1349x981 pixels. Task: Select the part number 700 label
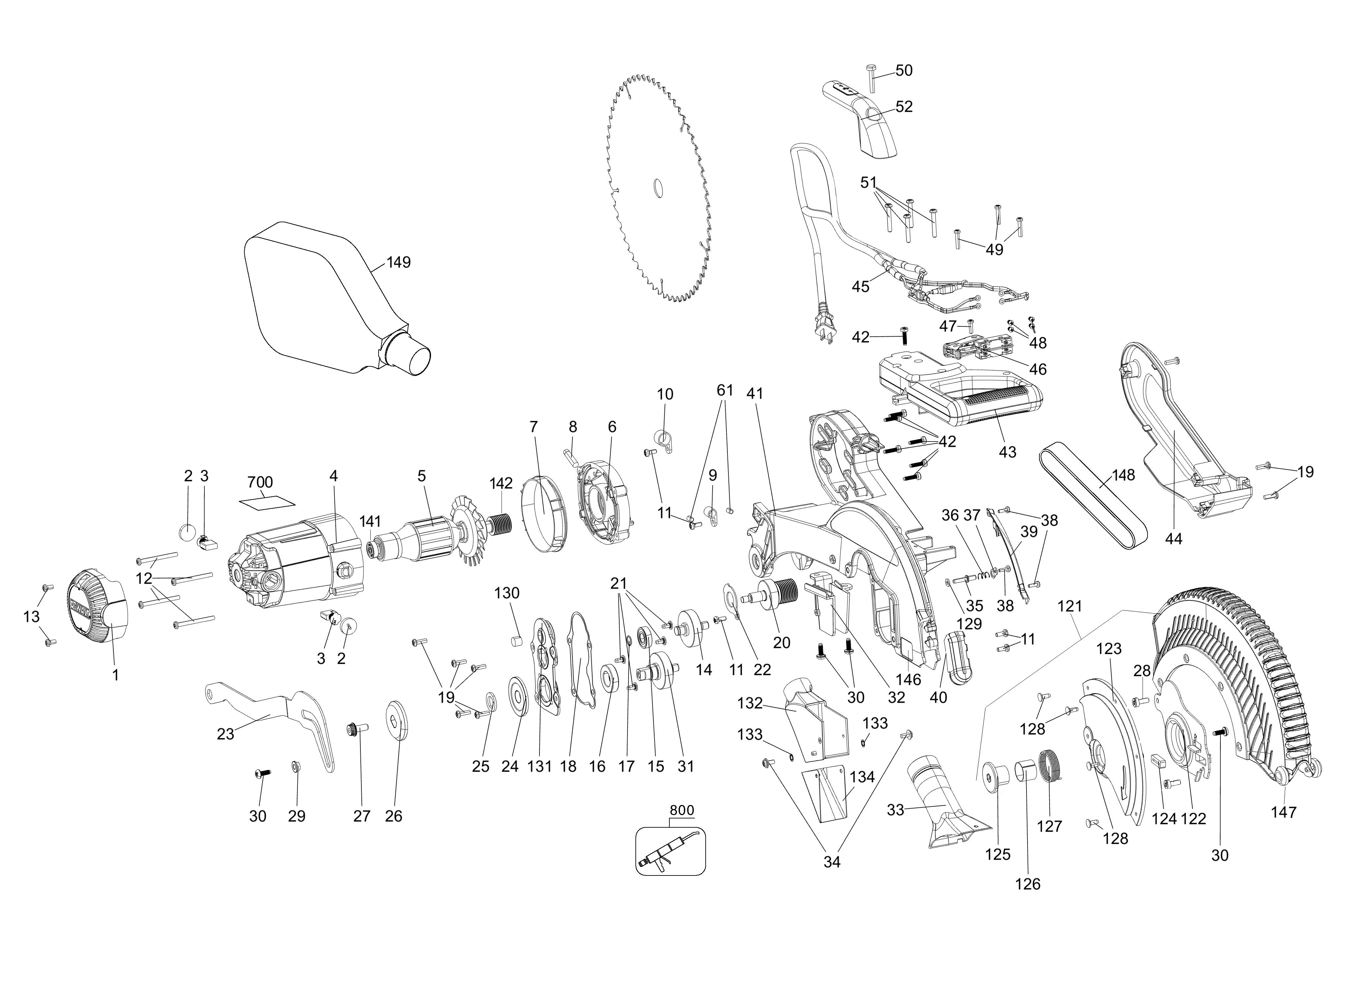260,482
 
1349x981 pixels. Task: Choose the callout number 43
1007,452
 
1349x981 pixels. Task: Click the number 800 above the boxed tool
682,810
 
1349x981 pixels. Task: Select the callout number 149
399,262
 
